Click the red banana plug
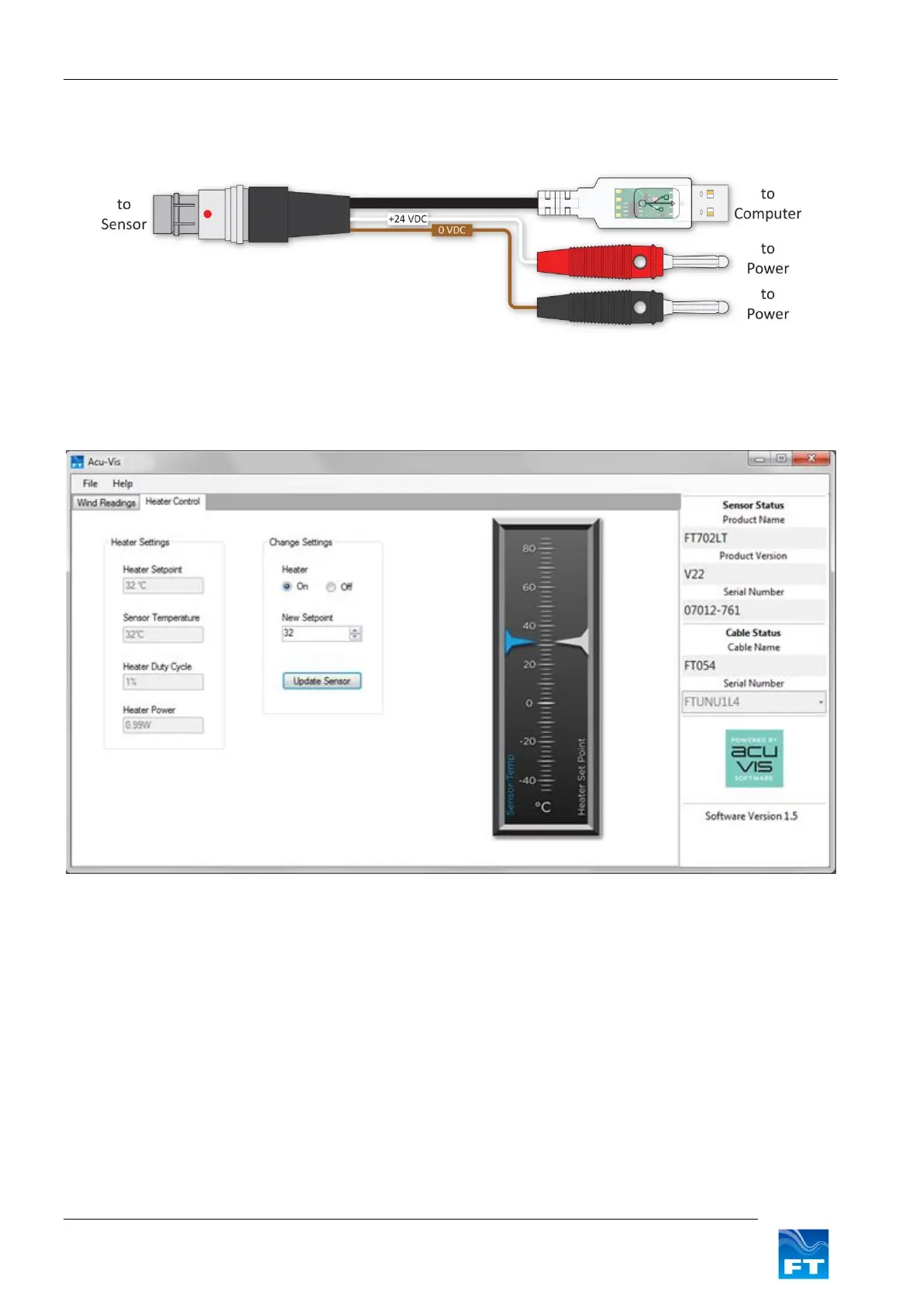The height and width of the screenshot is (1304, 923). click(601, 262)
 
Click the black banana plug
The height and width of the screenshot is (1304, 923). click(601, 308)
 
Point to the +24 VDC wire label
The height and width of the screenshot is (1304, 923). click(408, 219)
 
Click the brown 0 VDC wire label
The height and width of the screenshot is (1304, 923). click(452, 230)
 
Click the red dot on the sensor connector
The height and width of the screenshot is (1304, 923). click(208, 214)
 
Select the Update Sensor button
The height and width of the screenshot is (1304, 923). click(322, 681)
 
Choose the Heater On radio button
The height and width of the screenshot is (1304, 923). click(287, 587)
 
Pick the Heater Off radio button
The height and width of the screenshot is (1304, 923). click(331, 587)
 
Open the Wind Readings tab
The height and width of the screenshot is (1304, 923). click(106, 503)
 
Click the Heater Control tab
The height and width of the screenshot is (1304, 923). click(172, 502)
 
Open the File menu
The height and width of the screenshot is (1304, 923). click(90, 483)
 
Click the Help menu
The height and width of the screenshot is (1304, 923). click(122, 483)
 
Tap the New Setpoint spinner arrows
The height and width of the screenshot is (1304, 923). click(355, 634)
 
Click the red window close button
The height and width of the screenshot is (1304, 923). click(811, 459)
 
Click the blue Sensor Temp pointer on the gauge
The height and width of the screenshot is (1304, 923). click(518, 642)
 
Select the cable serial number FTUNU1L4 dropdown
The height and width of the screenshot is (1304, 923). click(753, 702)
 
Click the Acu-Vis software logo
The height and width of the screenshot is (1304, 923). click(754, 759)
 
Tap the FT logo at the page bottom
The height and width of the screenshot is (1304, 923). click(803, 1254)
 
